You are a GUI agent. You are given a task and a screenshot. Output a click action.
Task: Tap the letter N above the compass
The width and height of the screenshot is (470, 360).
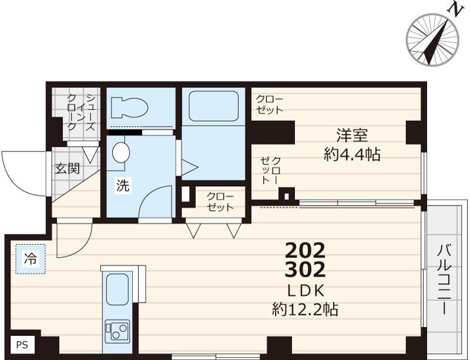coord(454,9)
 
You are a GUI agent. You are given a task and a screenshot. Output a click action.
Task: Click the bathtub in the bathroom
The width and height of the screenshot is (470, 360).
coord(213,106)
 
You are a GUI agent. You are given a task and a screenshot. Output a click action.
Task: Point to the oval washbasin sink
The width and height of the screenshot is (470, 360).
coord(121,152)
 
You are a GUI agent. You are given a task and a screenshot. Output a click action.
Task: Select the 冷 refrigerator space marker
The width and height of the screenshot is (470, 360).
coord(29,258)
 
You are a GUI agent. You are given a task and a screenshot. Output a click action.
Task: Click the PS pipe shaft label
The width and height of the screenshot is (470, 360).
coord(22,345)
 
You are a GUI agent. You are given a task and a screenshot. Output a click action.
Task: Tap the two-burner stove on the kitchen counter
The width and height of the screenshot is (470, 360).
coord(116,332)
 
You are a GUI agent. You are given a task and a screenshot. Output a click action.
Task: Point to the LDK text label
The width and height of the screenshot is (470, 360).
coord(305,291)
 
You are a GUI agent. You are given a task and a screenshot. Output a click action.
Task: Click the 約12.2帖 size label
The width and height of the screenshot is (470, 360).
coord(305,309)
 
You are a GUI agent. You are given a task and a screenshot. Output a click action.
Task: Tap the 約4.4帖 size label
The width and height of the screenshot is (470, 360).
coord(352,155)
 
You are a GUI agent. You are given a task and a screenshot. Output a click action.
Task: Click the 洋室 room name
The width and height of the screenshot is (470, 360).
coord(352,136)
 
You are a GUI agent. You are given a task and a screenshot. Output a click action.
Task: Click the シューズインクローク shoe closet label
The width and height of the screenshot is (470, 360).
coord(80,113)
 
